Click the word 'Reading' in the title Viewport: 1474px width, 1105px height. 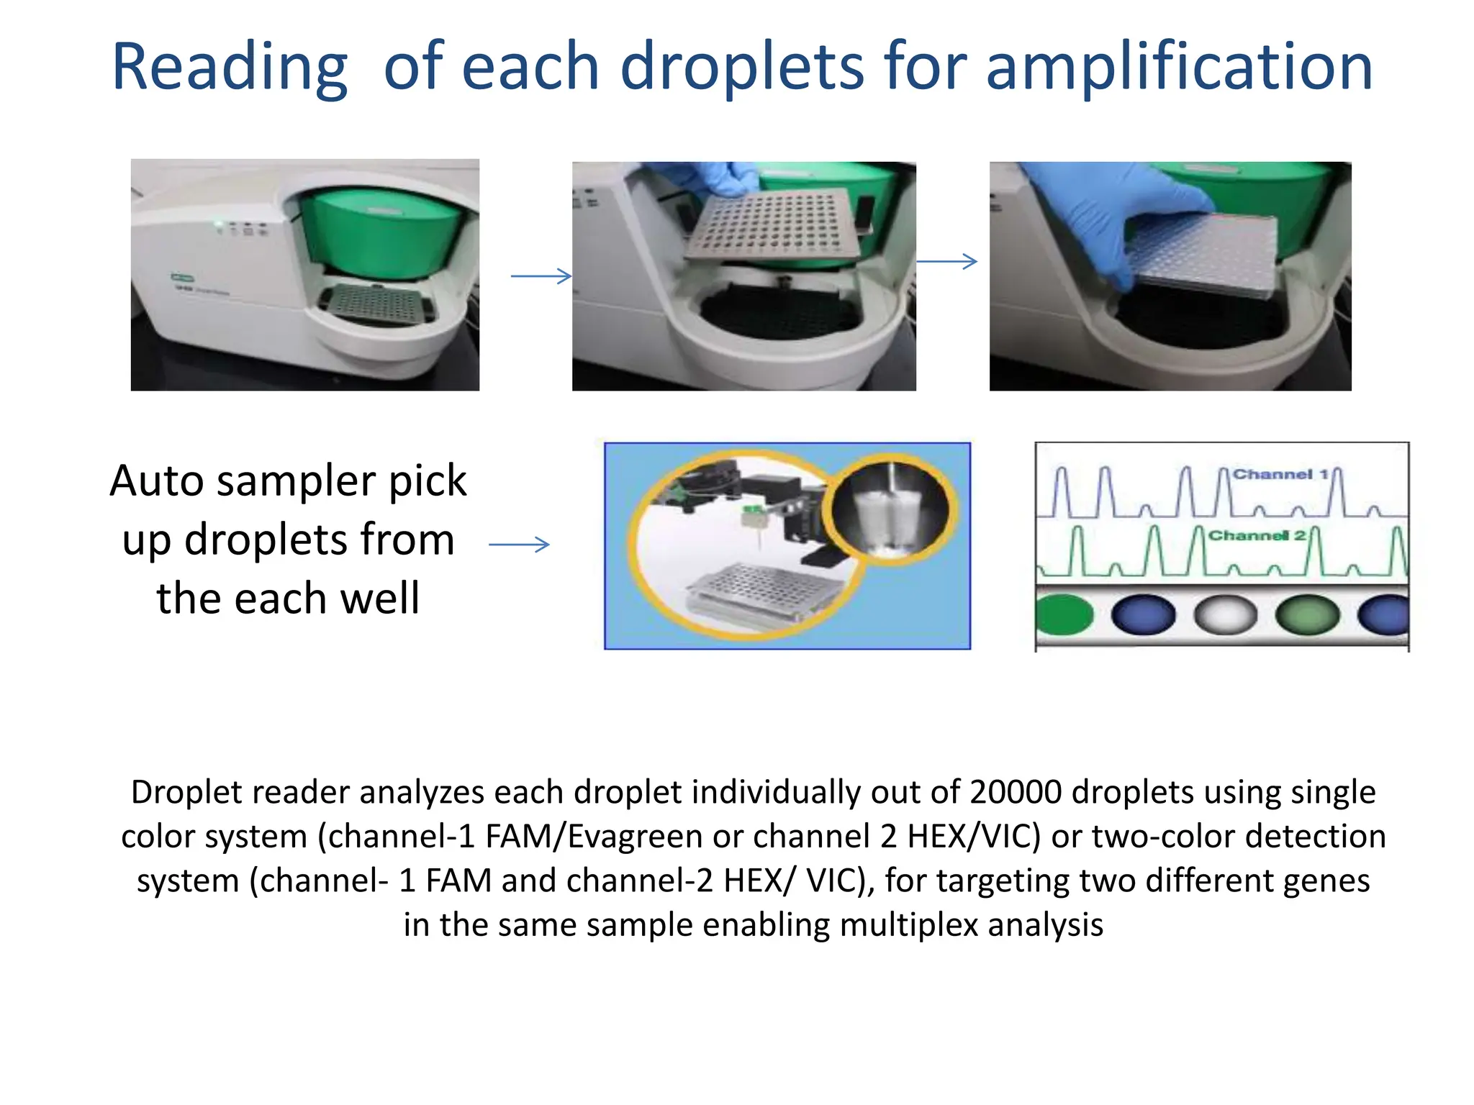tap(230, 68)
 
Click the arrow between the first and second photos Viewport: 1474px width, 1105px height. tap(541, 276)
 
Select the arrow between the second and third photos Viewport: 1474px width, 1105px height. tap(946, 261)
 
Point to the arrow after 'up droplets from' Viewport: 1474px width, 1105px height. tap(519, 545)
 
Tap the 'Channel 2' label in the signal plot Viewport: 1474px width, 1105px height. tap(1257, 535)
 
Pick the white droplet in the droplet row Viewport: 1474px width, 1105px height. tap(1225, 616)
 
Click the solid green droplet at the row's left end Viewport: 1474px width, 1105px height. tap(1064, 616)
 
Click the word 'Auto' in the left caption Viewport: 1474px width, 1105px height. tap(157, 481)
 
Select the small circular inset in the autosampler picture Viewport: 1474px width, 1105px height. tap(892, 509)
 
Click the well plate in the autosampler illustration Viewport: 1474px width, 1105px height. tap(763, 594)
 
